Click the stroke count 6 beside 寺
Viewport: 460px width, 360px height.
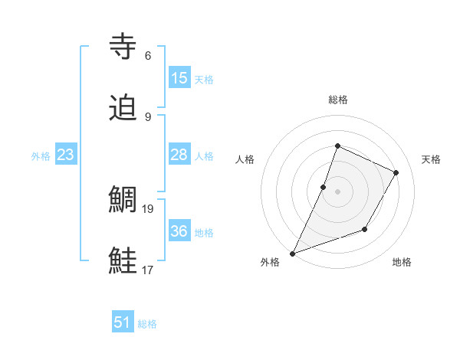click(148, 56)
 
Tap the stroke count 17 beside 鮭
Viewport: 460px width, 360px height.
click(149, 270)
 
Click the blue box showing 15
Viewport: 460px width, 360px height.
click(179, 78)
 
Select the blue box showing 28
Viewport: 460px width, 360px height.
click(179, 155)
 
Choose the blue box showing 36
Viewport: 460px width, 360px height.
click(179, 231)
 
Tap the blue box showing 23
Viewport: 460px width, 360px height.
click(65, 155)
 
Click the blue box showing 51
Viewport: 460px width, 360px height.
click(123, 322)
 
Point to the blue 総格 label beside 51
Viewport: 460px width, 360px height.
click(147, 324)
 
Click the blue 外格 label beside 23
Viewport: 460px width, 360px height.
click(41, 156)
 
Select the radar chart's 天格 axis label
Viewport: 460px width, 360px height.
click(431, 159)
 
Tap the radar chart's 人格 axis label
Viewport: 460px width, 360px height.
click(245, 159)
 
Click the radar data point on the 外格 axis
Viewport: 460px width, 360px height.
click(292, 254)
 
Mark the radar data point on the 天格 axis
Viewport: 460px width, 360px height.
click(396, 172)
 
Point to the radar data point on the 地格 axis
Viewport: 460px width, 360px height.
click(366, 230)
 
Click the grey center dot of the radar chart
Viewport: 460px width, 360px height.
click(337, 191)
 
